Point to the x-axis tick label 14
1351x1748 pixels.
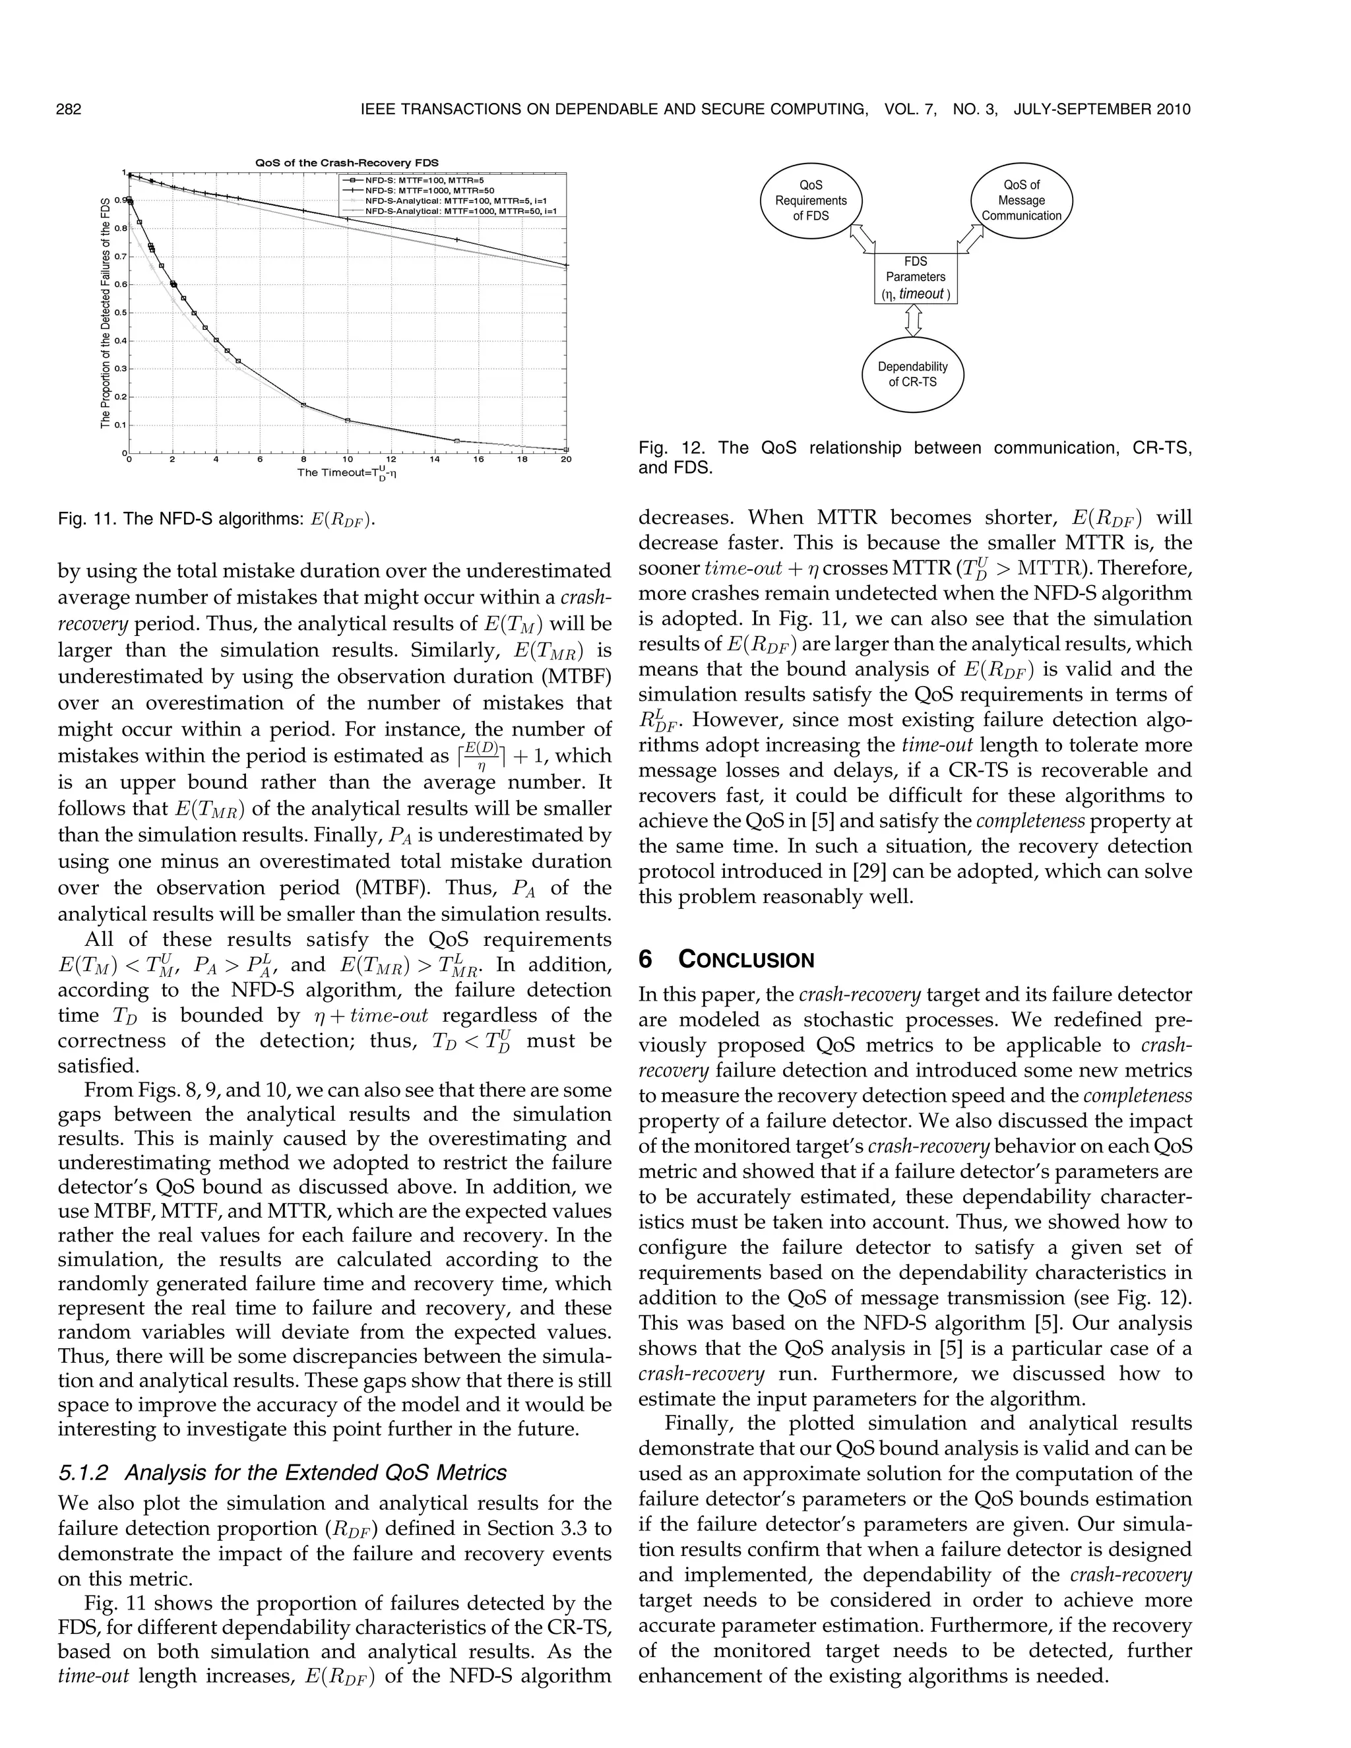click(435, 459)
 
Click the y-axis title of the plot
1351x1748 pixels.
click(105, 313)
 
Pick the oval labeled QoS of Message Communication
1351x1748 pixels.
click(1021, 200)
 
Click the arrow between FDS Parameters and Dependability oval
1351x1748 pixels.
click(913, 321)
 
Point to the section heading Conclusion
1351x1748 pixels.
click(746, 960)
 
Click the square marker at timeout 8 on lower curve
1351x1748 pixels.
click(303, 405)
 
